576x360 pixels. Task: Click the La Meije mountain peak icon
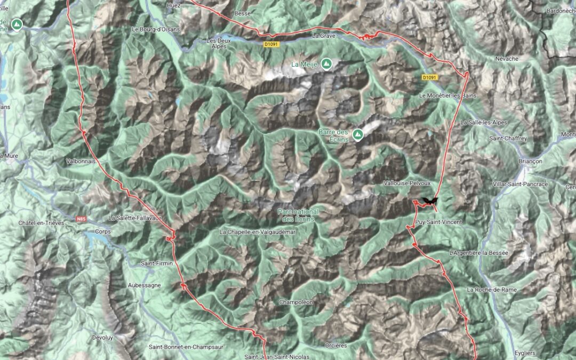pos(326,65)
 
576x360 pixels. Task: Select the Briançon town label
pos(530,161)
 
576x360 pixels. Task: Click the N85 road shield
pos(81,219)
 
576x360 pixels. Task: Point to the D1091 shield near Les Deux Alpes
pos(271,44)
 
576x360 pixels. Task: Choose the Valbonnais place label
pos(80,160)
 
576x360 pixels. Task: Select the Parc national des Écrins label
pos(298,215)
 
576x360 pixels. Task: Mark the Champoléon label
pos(296,302)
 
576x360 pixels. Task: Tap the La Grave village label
pos(323,37)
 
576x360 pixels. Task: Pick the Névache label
pos(506,59)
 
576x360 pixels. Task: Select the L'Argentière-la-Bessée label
pos(479,252)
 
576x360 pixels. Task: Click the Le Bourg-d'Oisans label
pos(156,29)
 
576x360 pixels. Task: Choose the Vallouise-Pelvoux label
pos(407,183)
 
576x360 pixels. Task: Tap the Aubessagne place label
pos(145,285)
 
